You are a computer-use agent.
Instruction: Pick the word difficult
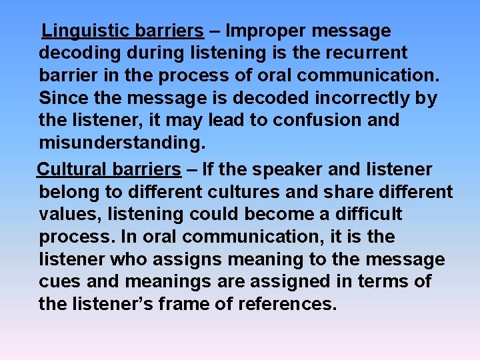point(362,215)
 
